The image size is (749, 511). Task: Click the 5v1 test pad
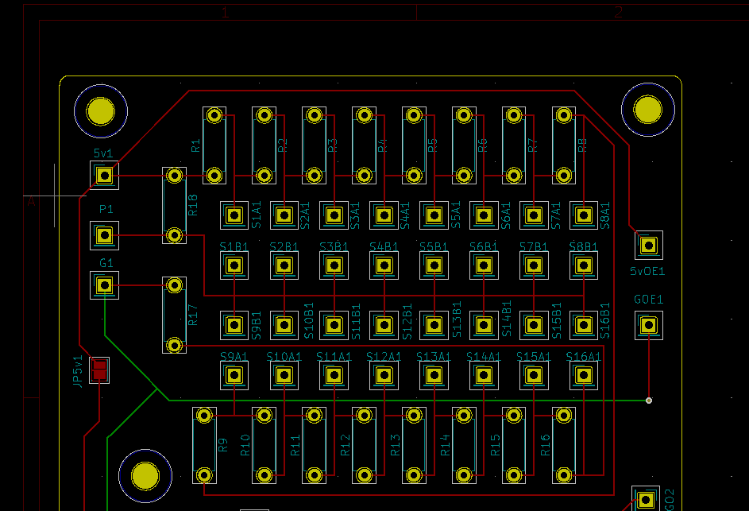click(104, 175)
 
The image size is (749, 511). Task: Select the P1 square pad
click(104, 234)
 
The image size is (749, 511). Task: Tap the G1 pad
click(104, 285)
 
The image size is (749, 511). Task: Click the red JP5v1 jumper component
click(100, 370)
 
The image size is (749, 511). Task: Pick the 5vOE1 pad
click(648, 246)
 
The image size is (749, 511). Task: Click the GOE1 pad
click(648, 324)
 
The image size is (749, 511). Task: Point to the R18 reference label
click(193, 206)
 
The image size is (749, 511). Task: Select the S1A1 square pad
click(234, 215)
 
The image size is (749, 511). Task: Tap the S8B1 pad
click(584, 265)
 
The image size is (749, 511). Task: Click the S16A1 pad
click(584, 375)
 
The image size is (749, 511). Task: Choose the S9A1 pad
click(234, 375)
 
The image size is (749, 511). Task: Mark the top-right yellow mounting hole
click(648, 109)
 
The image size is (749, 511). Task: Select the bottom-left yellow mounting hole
click(145, 475)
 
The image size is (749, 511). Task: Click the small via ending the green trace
click(649, 400)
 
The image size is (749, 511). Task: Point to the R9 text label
click(224, 446)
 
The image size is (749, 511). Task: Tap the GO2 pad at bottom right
click(645, 500)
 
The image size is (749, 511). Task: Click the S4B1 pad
click(384, 265)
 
